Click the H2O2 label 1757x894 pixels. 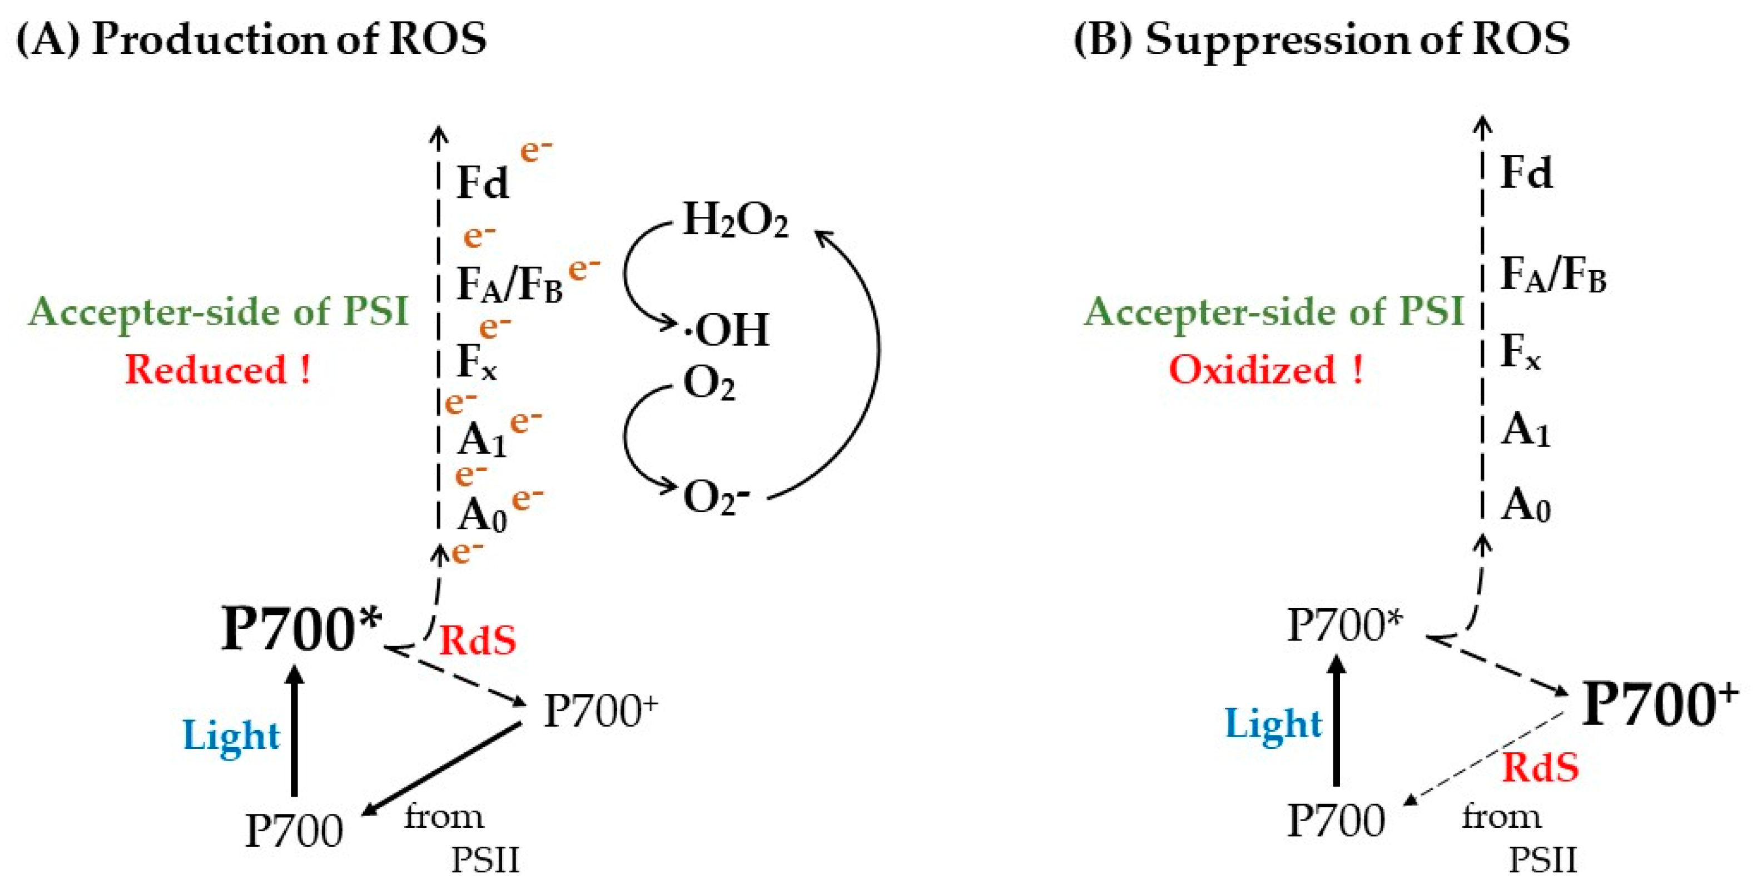[x=735, y=221]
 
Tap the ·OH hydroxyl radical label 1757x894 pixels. [x=727, y=330]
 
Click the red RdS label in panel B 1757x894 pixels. [x=1540, y=768]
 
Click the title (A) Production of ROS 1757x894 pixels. [x=251, y=38]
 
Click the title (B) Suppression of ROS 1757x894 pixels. [x=1322, y=38]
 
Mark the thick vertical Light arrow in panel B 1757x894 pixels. [x=1336, y=723]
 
